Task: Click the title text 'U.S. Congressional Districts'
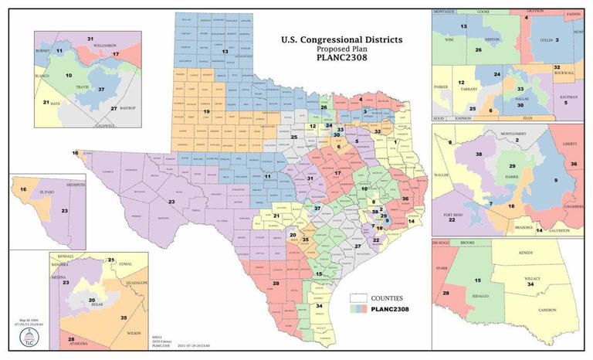[341, 39]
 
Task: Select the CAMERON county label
[547, 311]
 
